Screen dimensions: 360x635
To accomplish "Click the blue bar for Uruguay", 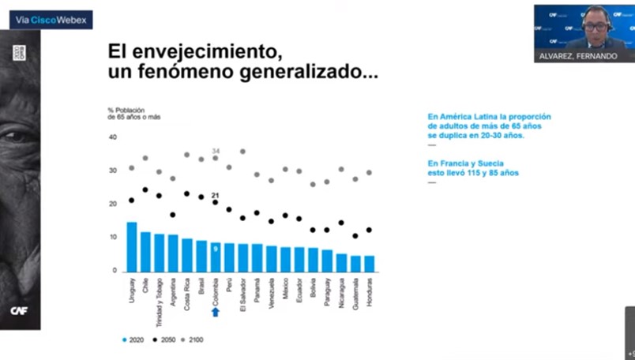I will click(x=132, y=246).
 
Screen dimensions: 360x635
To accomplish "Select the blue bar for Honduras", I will click(x=370, y=263).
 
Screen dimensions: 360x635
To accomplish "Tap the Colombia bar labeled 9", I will click(x=216, y=257).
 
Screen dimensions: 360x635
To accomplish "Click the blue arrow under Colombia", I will click(x=216, y=312).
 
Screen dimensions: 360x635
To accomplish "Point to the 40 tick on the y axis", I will click(x=112, y=137).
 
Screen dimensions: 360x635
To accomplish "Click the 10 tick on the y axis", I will click(x=112, y=238).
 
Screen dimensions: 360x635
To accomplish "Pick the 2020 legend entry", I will click(x=135, y=340).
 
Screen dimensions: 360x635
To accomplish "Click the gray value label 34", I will click(x=215, y=151).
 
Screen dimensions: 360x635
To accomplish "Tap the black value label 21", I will click(x=215, y=195).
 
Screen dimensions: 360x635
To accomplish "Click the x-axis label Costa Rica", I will click(x=187, y=292).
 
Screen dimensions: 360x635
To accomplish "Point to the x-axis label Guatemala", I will click(x=355, y=293).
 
